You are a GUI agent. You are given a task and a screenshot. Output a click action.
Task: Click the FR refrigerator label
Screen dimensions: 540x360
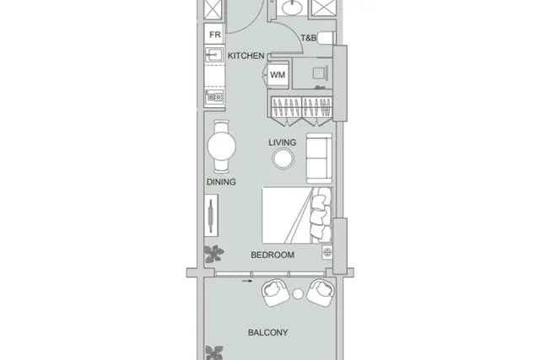[215, 35]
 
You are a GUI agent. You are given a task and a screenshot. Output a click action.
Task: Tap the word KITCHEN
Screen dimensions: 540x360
[246, 56]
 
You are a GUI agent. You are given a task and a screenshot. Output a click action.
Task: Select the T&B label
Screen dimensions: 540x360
[308, 38]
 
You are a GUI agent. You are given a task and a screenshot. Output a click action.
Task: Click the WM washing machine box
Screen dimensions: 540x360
[278, 75]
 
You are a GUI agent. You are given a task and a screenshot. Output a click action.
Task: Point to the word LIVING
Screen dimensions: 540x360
[283, 142]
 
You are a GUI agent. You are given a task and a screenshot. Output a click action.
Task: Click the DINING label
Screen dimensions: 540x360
[221, 182]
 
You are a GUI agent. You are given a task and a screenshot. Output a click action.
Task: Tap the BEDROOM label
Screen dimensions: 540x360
[273, 255]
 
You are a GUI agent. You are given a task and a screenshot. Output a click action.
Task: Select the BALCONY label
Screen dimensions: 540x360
[268, 332]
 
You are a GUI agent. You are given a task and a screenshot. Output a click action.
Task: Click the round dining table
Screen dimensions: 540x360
[221, 146]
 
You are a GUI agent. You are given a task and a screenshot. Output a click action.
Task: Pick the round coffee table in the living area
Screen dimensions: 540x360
[283, 159]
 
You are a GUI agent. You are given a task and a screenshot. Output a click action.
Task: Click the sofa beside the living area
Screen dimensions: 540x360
[319, 159]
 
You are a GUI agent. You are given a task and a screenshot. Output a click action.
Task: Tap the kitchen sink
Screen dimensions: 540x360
[214, 55]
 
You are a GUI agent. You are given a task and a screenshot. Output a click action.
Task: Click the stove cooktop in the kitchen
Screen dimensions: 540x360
[214, 97]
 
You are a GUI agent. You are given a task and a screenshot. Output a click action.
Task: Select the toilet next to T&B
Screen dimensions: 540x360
[326, 38]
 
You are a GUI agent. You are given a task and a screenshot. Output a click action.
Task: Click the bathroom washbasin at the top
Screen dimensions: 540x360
[291, 7]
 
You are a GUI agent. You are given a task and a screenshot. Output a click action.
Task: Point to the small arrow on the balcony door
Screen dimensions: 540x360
[247, 281]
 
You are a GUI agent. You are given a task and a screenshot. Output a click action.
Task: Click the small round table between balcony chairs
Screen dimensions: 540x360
[298, 293]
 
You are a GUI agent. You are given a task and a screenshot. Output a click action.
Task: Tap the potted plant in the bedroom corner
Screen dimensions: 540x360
[214, 254]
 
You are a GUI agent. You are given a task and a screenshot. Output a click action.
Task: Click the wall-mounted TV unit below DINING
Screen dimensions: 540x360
[211, 215]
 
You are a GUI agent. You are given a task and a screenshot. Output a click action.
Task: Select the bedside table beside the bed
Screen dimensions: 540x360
[327, 252]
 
